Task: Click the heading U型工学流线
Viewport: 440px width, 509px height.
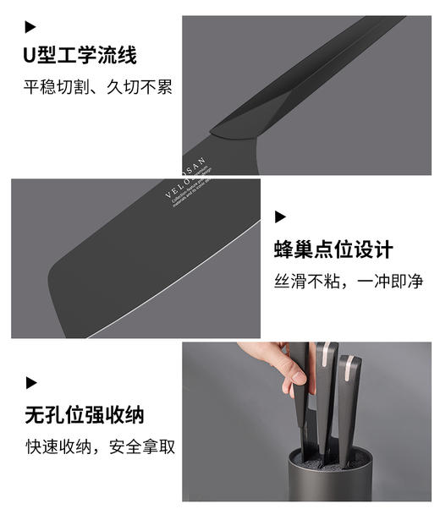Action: click(80, 56)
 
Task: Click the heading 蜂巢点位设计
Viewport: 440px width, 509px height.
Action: click(333, 250)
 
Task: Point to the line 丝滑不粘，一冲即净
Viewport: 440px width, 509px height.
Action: click(348, 282)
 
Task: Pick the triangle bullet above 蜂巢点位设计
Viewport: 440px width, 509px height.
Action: click(279, 217)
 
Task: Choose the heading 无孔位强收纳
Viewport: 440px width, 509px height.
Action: click(85, 415)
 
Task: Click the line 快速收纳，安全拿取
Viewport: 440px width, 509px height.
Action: click(100, 446)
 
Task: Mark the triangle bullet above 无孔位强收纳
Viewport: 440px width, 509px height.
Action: click(30, 382)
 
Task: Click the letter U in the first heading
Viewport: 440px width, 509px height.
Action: click(30, 56)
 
